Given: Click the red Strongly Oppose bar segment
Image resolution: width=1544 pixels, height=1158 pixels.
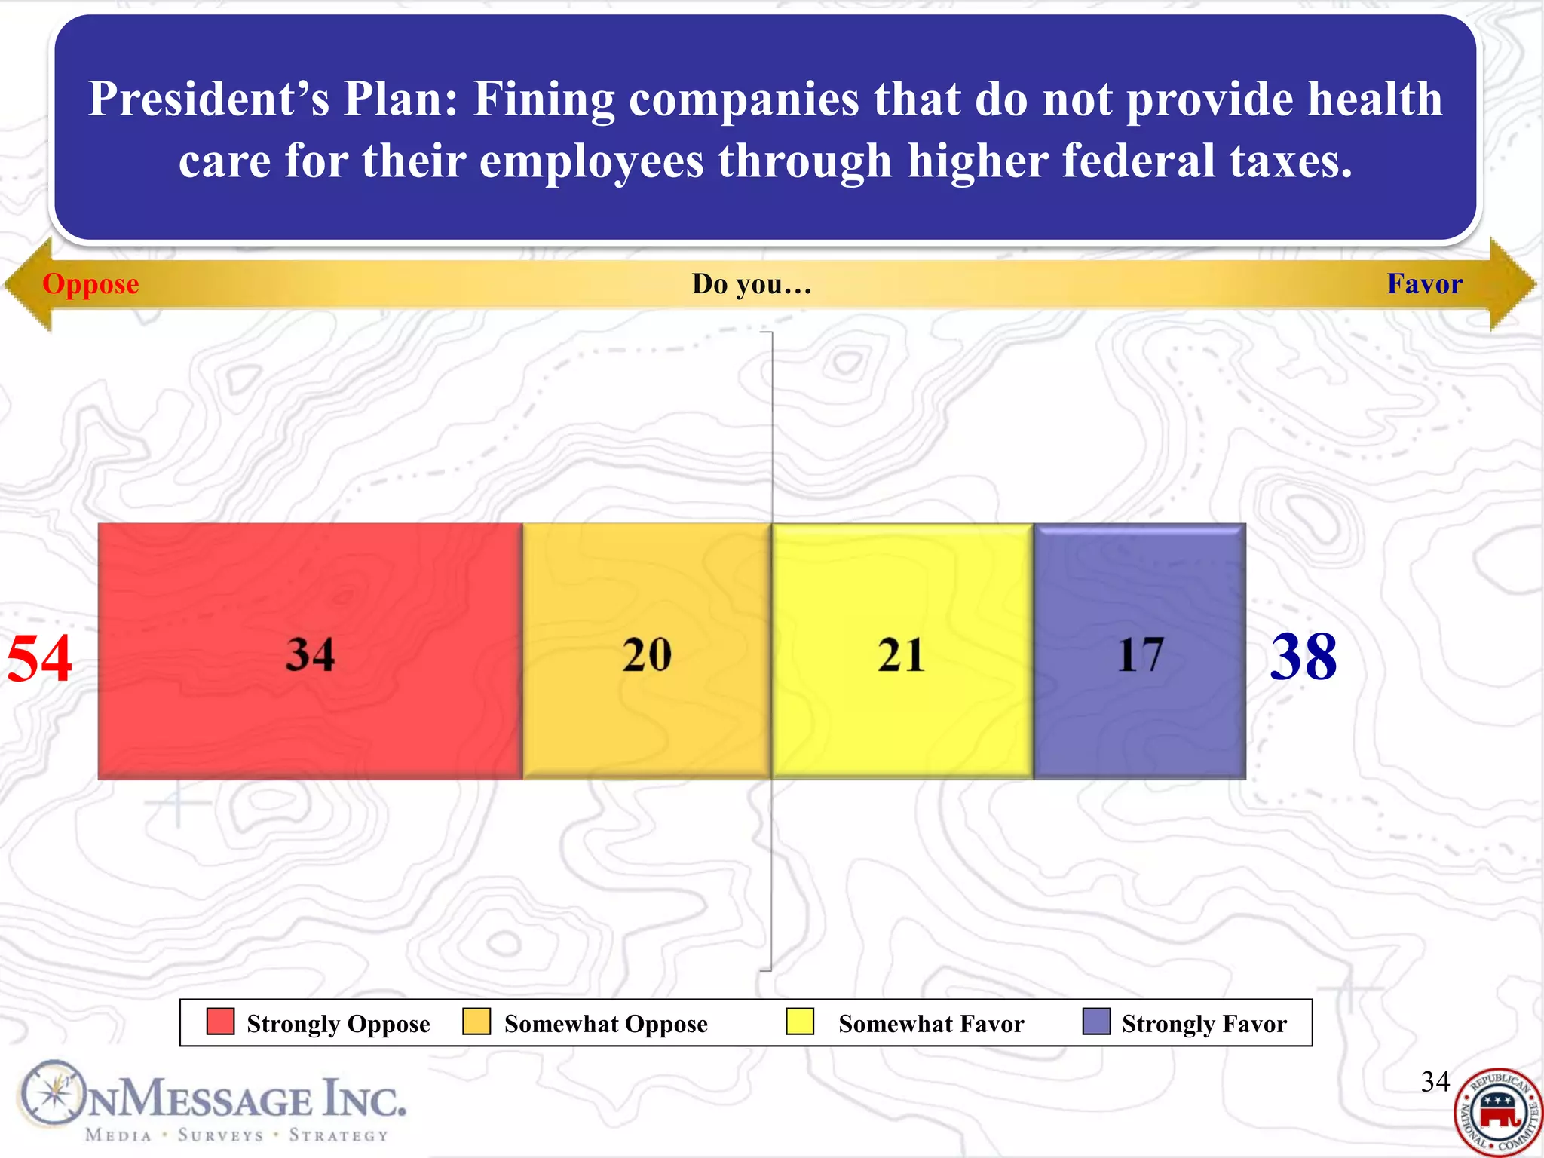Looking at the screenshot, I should (x=309, y=651).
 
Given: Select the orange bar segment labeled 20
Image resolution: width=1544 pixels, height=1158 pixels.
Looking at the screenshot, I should (x=646, y=651).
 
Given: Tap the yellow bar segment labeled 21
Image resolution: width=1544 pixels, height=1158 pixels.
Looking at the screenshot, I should (x=902, y=651).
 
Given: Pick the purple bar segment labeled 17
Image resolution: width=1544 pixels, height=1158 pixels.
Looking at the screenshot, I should (x=1139, y=651).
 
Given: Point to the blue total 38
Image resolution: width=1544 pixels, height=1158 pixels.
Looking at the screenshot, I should (x=1304, y=657).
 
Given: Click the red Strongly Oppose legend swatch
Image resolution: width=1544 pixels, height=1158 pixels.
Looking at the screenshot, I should (x=220, y=1022).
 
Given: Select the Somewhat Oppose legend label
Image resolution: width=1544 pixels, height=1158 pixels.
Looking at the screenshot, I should (x=605, y=1024).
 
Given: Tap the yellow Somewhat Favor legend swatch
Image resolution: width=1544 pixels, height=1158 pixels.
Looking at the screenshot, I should (x=800, y=1022).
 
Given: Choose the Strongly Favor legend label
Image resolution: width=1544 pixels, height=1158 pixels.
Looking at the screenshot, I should (x=1204, y=1024).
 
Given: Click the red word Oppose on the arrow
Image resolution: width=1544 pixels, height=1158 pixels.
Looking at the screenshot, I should (x=90, y=284).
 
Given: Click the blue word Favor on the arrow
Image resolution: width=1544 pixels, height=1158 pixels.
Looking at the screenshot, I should (x=1424, y=284).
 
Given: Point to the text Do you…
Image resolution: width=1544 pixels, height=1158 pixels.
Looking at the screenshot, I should (x=752, y=284).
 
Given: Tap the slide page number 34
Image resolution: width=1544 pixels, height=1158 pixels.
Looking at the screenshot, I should (x=1435, y=1082).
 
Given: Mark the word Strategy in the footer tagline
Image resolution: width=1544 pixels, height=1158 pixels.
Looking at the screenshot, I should (x=339, y=1135).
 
